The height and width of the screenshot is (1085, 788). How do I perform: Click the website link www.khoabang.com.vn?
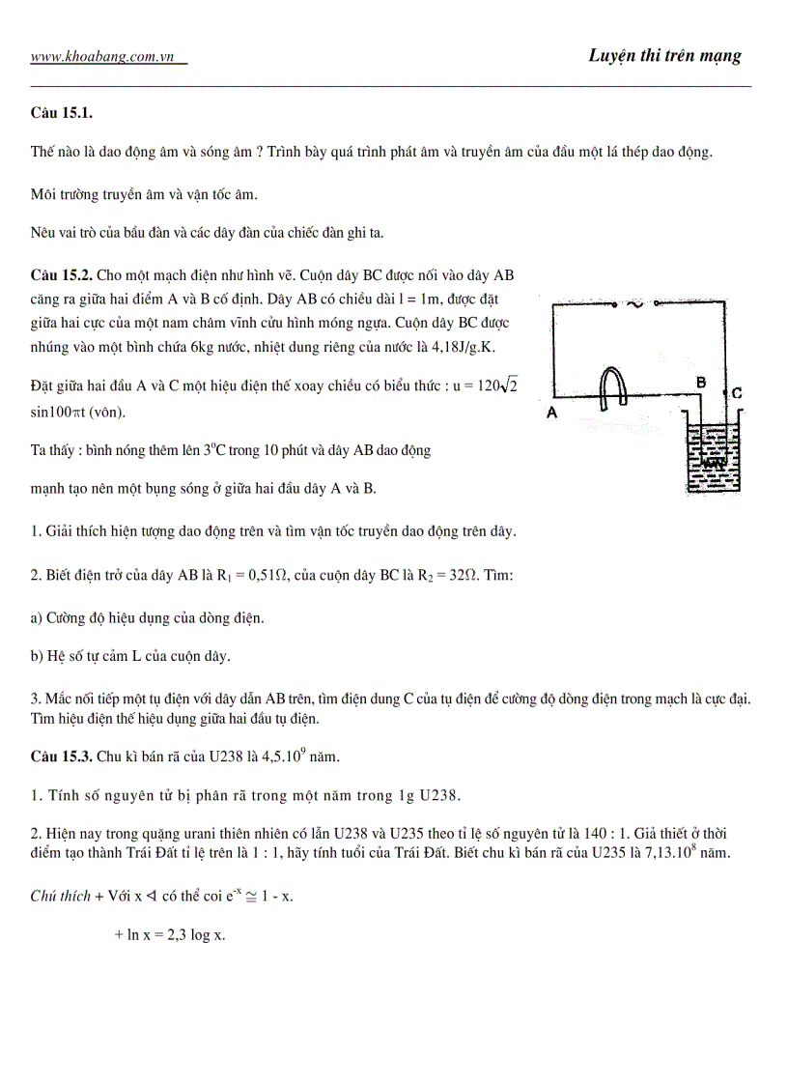[x=108, y=57]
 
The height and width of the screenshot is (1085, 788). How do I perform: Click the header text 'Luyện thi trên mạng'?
[x=664, y=55]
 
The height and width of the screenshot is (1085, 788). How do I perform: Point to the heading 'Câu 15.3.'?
[x=62, y=755]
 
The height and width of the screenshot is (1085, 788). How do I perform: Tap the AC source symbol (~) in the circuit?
[x=635, y=303]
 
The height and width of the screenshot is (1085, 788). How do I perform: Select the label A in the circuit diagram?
[x=553, y=412]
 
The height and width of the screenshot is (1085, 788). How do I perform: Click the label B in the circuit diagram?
[x=702, y=383]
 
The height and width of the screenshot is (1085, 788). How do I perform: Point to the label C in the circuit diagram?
[x=736, y=393]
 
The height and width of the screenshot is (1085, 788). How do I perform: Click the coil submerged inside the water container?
[x=713, y=463]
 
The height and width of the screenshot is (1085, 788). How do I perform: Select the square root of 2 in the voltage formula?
[x=510, y=385]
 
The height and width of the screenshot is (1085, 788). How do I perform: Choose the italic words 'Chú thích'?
[x=60, y=896]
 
